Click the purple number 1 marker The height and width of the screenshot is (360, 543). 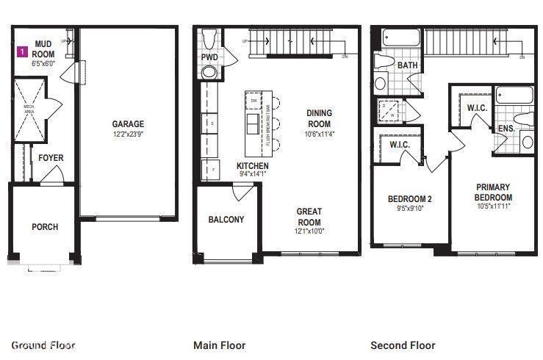(x=23, y=52)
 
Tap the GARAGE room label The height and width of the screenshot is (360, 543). (x=128, y=124)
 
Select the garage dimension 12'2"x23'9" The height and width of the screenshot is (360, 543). (x=128, y=134)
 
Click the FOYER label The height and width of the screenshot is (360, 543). (x=51, y=158)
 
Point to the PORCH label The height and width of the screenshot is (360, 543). (x=44, y=227)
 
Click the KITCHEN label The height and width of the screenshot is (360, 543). (x=253, y=166)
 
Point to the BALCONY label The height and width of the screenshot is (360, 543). (x=226, y=220)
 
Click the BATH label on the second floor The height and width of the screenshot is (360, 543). (x=407, y=65)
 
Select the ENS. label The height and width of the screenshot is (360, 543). (x=506, y=129)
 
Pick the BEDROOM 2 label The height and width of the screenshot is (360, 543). (x=409, y=198)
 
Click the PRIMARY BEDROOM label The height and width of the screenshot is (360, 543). (x=492, y=192)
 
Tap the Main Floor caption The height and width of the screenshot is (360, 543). (x=219, y=345)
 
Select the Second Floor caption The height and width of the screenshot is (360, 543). (x=403, y=345)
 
